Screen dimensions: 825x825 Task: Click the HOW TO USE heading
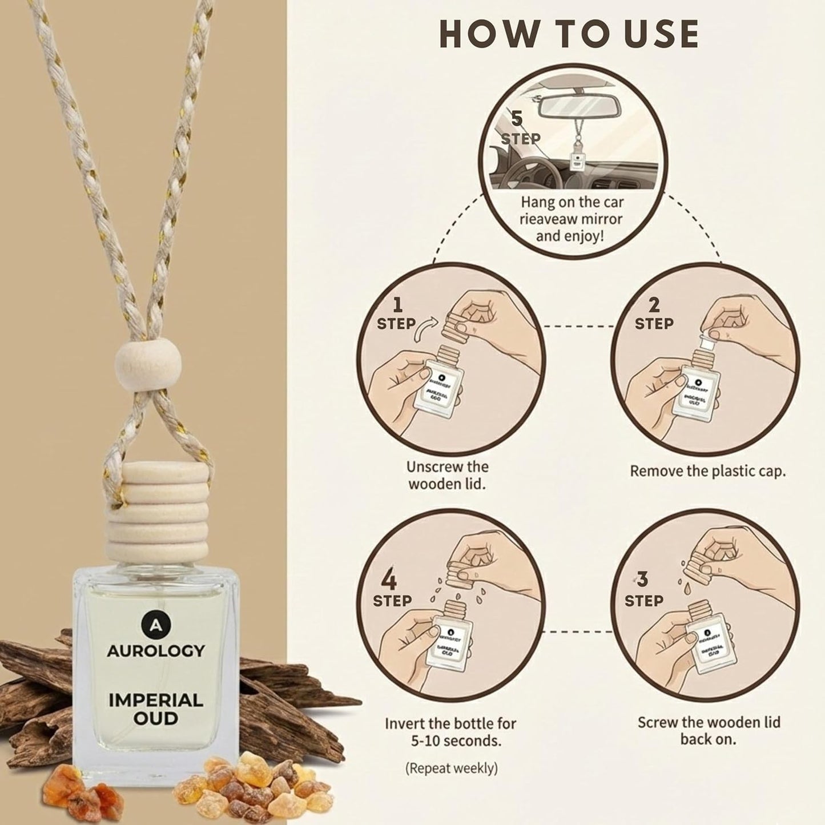pyautogui.click(x=569, y=34)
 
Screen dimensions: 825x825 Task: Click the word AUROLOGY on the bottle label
pyautogui.click(x=155, y=650)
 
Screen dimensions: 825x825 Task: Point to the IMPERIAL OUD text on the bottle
pyautogui.click(x=155, y=709)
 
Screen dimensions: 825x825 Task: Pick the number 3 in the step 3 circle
pyautogui.click(x=643, y=580)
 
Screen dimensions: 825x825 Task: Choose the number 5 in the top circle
pyautogui.click(x=517, y=119)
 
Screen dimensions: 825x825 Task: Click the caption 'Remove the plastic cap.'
pyautogui.click(x=707, y=472)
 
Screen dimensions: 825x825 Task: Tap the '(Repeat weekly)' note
pyautogui.click(x=451, y=768)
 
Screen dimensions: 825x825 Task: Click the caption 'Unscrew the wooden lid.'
pyautogui.click(x=447, y=475)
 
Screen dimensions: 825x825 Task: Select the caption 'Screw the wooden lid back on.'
pyautogui.click(x=709, y=730)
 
